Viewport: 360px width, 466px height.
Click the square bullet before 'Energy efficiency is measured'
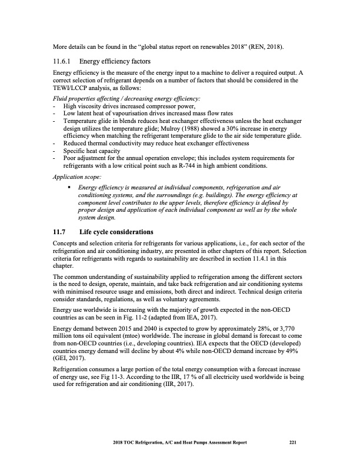point(70,187)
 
